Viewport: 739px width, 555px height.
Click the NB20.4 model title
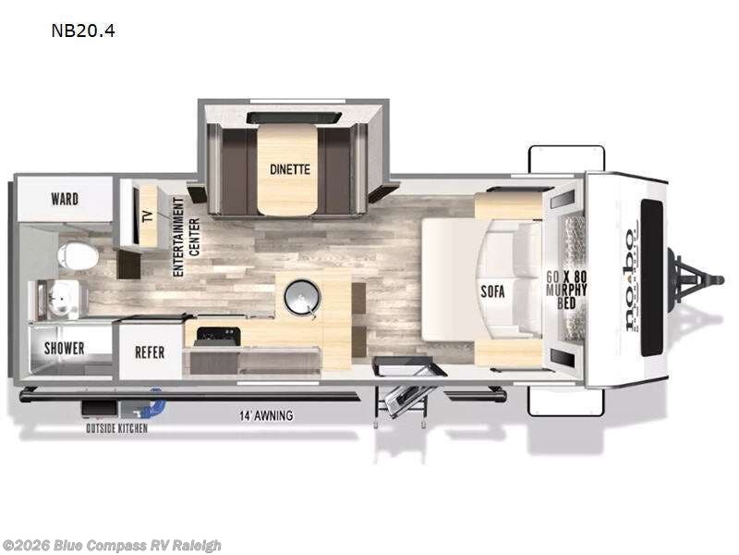pos(83,31)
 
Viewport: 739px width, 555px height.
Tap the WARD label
pos(65,199)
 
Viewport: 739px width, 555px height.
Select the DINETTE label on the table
pos(290,169)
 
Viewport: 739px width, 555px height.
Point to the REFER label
pos(150,351)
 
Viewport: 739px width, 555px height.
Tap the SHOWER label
pos(65,349)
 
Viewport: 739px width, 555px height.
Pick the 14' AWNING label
pos(263,416)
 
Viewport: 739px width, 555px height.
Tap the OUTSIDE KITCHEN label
pos(116,428)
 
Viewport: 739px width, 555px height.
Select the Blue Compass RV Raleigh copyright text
pos(113,545)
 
